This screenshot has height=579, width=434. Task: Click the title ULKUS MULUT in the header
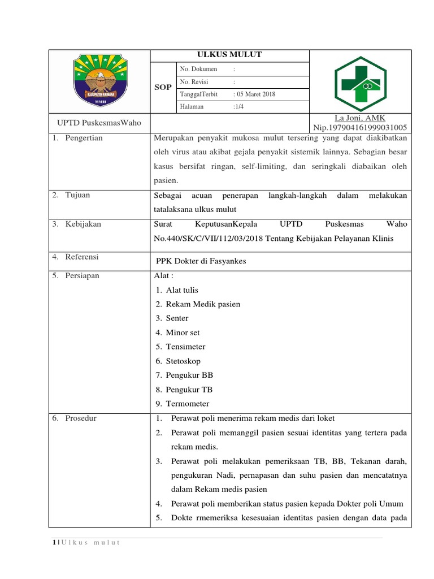coord(229,55)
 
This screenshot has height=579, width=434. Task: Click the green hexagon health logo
coord(361,82)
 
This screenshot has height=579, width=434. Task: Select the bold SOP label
coord(163,88)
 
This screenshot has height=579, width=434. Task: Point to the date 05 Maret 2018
coord(256,94)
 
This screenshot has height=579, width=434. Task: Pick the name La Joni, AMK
coord(360,118)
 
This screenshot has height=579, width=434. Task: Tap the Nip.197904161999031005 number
coord(360,127)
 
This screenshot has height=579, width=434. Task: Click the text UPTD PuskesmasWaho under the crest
coord(99,123)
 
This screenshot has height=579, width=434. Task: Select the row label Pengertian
coord(84,138)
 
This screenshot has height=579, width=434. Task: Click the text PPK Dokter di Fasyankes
coord(201,261)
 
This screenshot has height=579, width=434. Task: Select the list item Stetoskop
coord(183,361)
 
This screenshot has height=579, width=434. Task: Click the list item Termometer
coord(188,404)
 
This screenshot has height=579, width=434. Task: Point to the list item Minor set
coord(183,332)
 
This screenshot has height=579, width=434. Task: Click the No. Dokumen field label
coord(198,69)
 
